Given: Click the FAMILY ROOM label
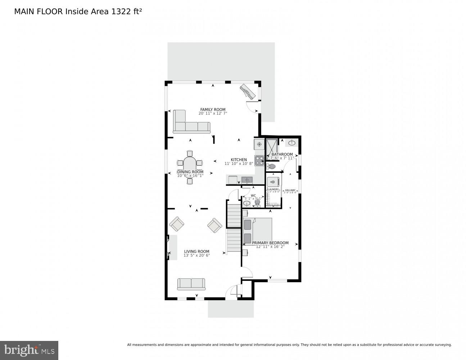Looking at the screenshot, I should pos(213,109).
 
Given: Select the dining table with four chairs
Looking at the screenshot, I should pos(190,163).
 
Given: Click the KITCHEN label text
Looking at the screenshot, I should pos(239,160).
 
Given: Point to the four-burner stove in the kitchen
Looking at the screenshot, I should pos(259,161).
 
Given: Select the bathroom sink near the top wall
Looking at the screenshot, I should pos(291,143).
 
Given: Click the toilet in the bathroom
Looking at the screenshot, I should pos(271,167).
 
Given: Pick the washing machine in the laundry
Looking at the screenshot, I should pos(273,181).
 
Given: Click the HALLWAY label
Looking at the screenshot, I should pos(290,190).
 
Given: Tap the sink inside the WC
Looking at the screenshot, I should pos(246,204).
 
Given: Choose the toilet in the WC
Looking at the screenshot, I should pos(257,204).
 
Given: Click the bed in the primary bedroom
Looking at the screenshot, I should pos(257,230).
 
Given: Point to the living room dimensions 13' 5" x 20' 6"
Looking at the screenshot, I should pos(196,255).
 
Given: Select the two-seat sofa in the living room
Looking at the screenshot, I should pos(191,284).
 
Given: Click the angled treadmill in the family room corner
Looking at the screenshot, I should pos(248,91).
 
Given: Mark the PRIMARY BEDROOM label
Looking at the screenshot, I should pos(270,243).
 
